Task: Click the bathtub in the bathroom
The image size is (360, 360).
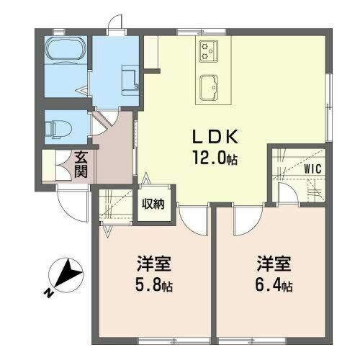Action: [x=66, y=50]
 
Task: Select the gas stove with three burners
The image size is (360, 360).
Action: [x=208, y=51]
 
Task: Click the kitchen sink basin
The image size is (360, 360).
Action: [x=209, y=88]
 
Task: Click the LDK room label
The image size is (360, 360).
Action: [x=215, y=137]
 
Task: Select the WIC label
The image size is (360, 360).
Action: [x=312, y=168]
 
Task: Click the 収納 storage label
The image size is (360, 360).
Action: [x=153, y=204]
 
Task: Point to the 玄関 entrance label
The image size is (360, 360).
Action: [x=81, y=164]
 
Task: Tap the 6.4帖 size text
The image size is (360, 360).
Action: [x=274, y=285]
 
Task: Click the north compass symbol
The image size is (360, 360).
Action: [x=66, y=275]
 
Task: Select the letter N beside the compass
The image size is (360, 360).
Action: [x=48, y=293]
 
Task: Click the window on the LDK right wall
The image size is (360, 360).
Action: [x=330, y=107]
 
